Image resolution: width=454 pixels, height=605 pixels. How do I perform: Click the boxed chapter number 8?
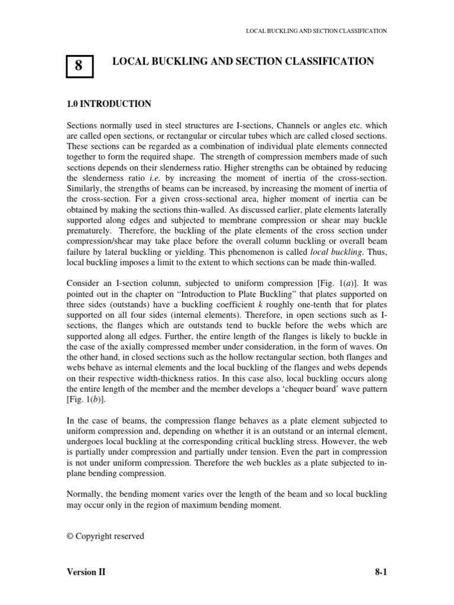coord(79,66)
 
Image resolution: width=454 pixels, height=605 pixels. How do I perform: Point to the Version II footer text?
coord(86,573)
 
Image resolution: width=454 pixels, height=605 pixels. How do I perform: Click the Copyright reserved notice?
coord(105,536)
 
